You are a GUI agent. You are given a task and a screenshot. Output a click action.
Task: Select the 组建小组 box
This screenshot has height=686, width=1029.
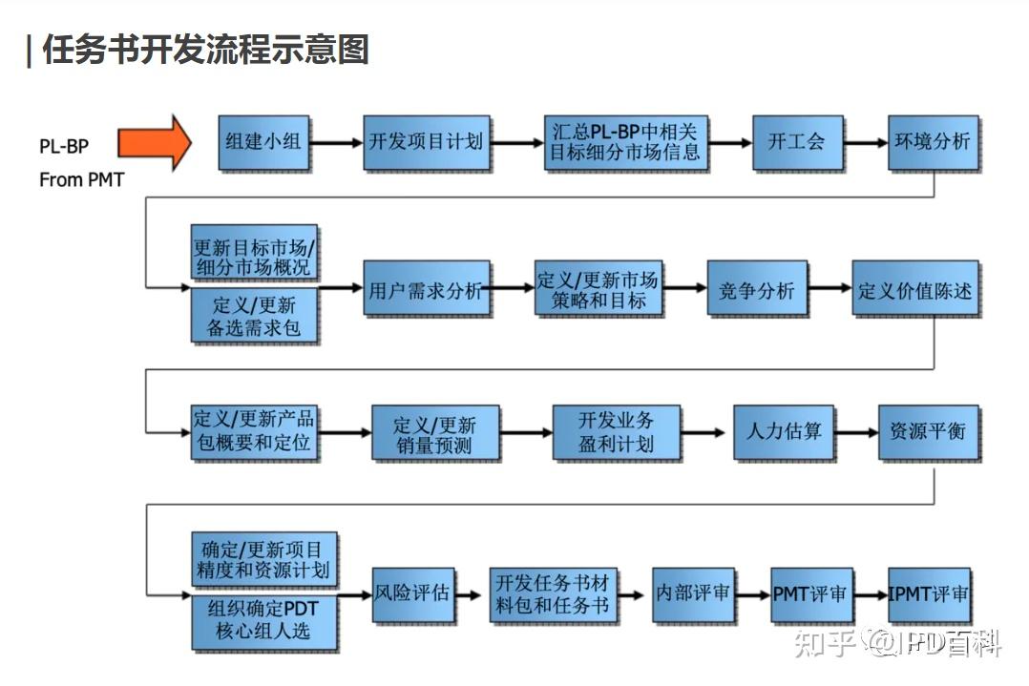[263, 142]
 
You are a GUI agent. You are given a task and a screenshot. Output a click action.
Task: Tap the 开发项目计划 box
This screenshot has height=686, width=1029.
[426, 142]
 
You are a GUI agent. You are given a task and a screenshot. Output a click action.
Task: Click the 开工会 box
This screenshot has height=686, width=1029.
[796, 142]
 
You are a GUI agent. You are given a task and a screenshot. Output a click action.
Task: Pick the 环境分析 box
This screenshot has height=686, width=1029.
[932, 142]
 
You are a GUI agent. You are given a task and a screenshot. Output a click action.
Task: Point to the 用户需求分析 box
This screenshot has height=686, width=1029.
[426, 290]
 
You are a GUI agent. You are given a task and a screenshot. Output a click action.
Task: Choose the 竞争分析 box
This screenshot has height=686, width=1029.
[756, 290]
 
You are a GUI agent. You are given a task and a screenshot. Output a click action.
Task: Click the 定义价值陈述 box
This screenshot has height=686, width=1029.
[914, 290]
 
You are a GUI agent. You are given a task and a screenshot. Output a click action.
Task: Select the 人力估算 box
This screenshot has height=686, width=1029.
[783, 430]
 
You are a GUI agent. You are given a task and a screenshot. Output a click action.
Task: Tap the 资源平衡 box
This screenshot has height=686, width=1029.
[928, 430]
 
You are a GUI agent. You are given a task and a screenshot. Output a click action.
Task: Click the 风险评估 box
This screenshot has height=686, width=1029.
[411, 592]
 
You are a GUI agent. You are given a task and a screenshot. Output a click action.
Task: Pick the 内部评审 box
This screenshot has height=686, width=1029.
[692, 592]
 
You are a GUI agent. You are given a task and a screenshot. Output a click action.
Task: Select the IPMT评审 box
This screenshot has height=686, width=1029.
[928, 593]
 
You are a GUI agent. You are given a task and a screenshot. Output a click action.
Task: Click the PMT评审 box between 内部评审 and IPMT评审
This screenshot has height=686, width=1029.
[809, 593]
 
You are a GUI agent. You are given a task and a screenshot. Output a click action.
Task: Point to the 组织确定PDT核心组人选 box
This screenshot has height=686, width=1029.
[264, 621]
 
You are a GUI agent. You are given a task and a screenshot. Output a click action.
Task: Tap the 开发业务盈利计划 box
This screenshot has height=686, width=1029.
[616, 432]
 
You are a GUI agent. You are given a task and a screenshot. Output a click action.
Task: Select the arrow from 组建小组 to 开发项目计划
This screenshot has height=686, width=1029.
[336, 143]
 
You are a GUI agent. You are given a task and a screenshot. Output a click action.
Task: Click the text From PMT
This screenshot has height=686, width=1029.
[81, 179]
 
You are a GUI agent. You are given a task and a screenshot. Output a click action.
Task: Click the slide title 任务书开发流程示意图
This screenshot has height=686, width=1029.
[204, 50]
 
